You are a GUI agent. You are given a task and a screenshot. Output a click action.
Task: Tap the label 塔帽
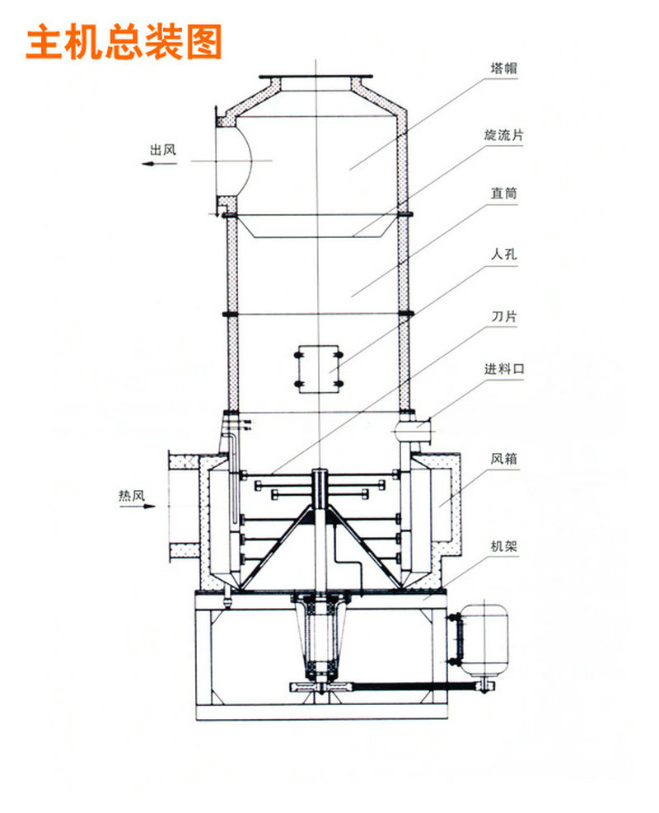click(x=504, y=68)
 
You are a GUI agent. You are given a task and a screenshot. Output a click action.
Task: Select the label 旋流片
click(x=504, y=135)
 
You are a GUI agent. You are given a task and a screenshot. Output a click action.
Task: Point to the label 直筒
click(x=504, y=194)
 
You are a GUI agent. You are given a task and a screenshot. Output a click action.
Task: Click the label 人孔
click(x=504, y=255)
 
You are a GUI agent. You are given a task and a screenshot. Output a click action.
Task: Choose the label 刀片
click(x=504, y=316)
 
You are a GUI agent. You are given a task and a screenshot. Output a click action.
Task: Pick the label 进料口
click(x=504, y=369)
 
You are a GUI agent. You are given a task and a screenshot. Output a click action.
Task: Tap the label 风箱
click(x=504, y=459)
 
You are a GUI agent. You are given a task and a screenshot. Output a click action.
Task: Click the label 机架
click(x=504, y=546)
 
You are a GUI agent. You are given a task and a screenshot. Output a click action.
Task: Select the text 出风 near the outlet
click(x=163, y=150)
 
